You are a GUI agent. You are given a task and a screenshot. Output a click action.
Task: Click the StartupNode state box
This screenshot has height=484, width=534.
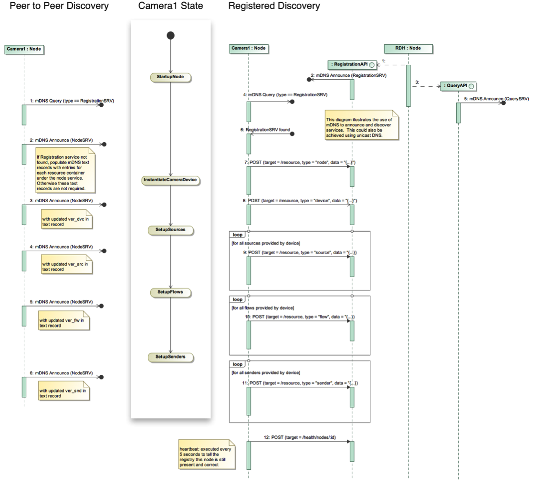[x=170, y=76]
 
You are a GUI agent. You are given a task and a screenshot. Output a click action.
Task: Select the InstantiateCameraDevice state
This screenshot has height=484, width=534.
[x=170, y=180]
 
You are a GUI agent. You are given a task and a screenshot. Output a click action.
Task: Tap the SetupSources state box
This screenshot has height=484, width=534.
[x=170, y=230]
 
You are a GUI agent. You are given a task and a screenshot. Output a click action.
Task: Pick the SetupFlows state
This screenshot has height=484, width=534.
[x=170, y=291]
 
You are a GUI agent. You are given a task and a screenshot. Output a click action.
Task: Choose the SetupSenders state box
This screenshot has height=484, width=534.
[x=170, y=357]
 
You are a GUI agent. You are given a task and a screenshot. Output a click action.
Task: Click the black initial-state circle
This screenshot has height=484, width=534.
[x=170, y=36]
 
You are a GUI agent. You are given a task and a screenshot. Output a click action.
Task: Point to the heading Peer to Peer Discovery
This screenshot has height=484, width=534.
[x=59, y=7]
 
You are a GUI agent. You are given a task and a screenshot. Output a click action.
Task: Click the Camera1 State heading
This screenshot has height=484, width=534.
[x=170, y=7]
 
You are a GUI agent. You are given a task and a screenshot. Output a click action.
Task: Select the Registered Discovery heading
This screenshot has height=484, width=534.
[x=274, y=7]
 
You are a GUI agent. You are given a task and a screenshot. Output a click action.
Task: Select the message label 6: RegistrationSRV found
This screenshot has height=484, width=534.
[x=265, y=129]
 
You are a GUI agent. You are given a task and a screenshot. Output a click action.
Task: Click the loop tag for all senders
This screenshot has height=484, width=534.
[x=238, y=364]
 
